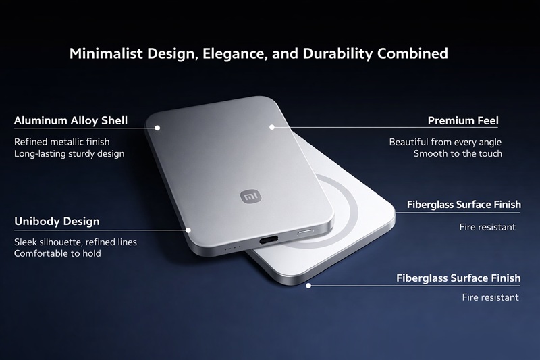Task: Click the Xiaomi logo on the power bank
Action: point(250,196)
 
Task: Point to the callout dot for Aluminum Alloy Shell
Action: point(157,126)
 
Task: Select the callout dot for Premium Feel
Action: point(272,126)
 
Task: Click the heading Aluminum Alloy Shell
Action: point(71,121)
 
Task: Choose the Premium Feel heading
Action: point(463,121)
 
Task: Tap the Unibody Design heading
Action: point(57,221)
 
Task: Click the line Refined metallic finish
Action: point(61,142)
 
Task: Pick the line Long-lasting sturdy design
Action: point(69,153)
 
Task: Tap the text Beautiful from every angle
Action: point(446,142)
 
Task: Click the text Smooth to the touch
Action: point(458,153)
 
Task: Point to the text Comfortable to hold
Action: point(57,253)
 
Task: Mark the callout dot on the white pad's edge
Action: point(308,286)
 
